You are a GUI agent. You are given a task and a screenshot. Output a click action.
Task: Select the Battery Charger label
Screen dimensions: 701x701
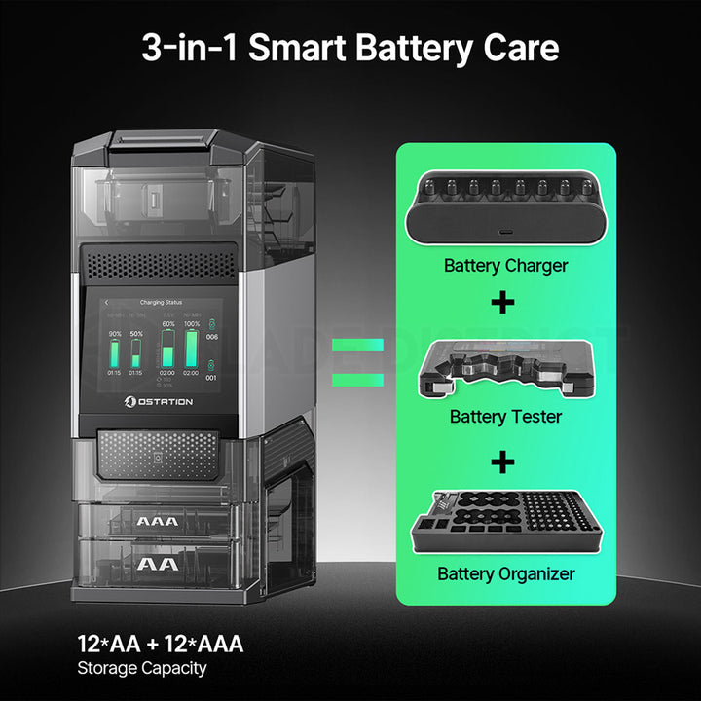(x=505, y=265)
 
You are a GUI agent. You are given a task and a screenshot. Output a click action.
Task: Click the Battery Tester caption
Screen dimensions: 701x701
(x=505, y=417)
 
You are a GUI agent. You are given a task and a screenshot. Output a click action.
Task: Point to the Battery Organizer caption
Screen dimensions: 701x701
(x=505, y=573)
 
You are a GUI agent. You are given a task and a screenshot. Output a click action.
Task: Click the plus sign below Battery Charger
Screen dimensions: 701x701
(x=503, y=303)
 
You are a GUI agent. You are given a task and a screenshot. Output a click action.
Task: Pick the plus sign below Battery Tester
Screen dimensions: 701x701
(x=503, y=461)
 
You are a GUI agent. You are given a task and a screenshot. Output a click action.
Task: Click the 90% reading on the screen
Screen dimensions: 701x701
(x=115, y=334)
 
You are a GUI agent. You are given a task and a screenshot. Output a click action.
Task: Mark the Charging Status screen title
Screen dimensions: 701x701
(x=161, y=303)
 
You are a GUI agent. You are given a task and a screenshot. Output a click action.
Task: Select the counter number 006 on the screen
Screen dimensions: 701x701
(x=212, y=337)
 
